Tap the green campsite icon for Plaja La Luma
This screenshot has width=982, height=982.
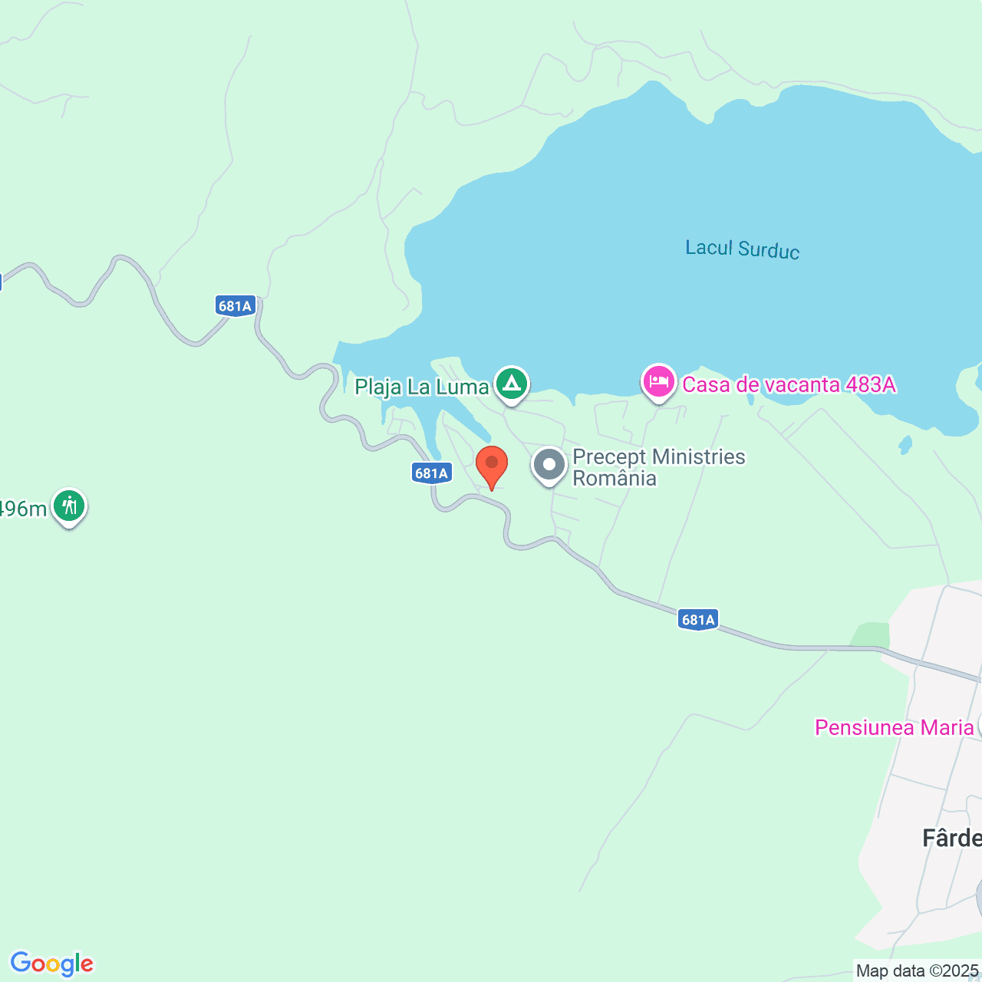(511, 383)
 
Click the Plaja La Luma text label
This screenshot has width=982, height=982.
(421, 387)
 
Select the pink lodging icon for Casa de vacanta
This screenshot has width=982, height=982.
(658, 381)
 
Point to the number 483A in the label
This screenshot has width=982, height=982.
(870, 384)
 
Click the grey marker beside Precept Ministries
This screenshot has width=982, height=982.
(549, 465)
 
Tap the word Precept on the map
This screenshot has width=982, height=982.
(610, 457)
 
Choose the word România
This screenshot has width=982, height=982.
(615, 479)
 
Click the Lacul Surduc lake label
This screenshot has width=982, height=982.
(742, 249)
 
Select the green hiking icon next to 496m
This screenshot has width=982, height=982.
(69, 506)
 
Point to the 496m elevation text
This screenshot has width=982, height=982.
(23, 509)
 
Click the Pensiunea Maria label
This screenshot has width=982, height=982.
(894, 727)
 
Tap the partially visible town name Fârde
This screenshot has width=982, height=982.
(951, 838)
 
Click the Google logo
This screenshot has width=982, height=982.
(51, 964)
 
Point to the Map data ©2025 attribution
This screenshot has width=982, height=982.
(918, 971)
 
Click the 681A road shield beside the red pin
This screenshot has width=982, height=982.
(431, 473)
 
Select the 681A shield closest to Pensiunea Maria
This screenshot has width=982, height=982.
(698, 620)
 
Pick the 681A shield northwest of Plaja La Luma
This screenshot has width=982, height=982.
(235, 306)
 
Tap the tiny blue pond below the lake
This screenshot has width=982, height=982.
(905, 444)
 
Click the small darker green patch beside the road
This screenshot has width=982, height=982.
(871, 635)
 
